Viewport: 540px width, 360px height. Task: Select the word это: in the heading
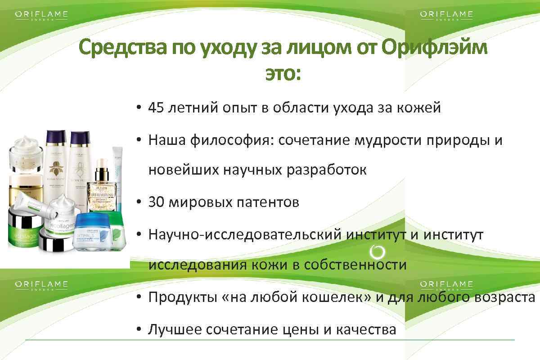click(282, 74)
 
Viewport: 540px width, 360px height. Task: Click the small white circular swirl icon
click(376, 252)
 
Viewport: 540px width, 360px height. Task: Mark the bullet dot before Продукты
click(139, 297)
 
